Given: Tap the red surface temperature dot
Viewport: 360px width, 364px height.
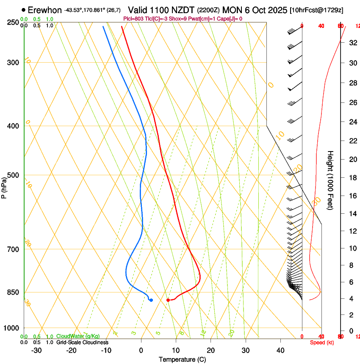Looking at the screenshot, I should pos(168,300).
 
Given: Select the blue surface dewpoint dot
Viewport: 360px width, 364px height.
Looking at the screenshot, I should pos(151,300).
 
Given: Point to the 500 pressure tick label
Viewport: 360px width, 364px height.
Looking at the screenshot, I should pos(13,175).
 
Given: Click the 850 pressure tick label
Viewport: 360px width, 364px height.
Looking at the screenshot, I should pos(13,292).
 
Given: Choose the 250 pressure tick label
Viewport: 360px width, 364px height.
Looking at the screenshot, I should pos(13,22).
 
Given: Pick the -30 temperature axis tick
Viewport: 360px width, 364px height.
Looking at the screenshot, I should pos(36,350).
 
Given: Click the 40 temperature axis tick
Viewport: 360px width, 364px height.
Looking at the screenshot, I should pos(280,350).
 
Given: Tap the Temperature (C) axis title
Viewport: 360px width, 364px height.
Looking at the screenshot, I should pos(182,359).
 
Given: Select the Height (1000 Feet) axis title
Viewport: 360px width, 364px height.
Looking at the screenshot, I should pos(330,180).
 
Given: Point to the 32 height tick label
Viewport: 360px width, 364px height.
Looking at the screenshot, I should pos(352,43).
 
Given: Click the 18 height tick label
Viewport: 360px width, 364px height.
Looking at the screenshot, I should pos(352,178).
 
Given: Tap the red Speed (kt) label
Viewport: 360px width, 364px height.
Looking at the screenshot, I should pos(321,342).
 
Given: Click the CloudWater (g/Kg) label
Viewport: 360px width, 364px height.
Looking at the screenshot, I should pos(78,336).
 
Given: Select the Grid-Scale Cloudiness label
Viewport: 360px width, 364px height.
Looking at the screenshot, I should pos(82,342).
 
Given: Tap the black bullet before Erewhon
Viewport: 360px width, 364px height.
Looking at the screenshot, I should pos(23,10).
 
